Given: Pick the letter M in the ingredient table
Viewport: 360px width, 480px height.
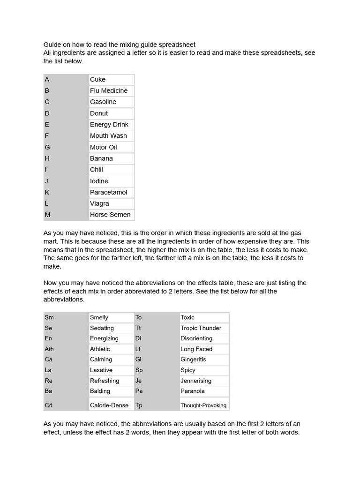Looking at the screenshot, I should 47,215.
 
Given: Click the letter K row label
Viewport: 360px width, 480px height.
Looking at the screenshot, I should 47,192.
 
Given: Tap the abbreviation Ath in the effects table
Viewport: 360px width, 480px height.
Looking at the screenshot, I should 49,349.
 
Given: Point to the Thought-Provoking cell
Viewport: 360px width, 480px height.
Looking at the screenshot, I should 203,405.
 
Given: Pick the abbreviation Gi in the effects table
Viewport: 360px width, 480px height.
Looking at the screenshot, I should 138,360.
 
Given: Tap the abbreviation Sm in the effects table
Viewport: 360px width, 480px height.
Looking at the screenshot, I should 49,317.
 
